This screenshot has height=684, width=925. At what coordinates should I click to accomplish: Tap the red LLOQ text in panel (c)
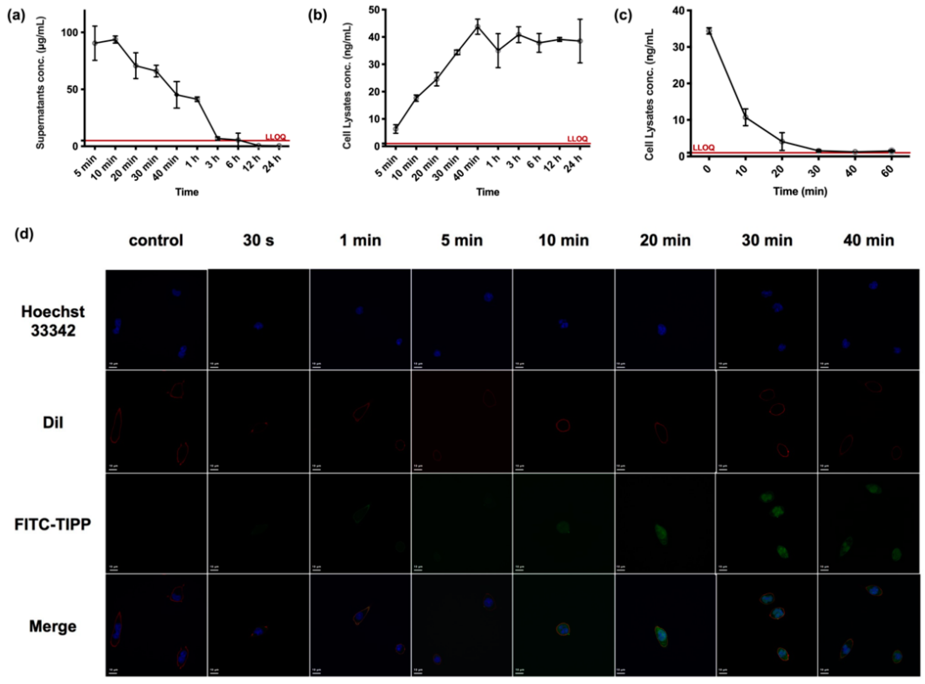[x=704, y=148]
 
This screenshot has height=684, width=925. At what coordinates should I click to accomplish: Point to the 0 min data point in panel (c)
[x=709, y=31]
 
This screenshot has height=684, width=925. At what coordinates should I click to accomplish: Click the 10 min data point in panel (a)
[x=116, y=40]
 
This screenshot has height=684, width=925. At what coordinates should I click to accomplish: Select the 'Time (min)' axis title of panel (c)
[x=800, y=191]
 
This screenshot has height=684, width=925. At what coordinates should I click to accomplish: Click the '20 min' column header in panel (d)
[x=665, y=240]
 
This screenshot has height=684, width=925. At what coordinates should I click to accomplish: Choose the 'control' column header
[x=156, y=240]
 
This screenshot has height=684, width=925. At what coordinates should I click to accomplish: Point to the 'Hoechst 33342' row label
[x=53, y=321]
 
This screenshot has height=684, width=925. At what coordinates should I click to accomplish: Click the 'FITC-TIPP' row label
[x=53, y=524]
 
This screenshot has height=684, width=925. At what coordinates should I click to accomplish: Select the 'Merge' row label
[x=53, y=626]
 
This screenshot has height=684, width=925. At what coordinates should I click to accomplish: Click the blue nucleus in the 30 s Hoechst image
[x=258, y=326]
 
